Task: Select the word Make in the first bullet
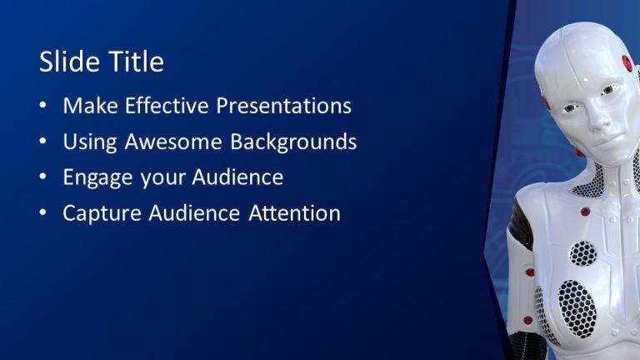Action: pos(88,107)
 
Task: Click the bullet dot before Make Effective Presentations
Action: pos(43,107)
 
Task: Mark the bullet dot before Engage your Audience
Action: pos(43,178)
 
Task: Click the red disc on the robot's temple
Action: pos(626,62)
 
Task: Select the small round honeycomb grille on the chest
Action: pos(584,253)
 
